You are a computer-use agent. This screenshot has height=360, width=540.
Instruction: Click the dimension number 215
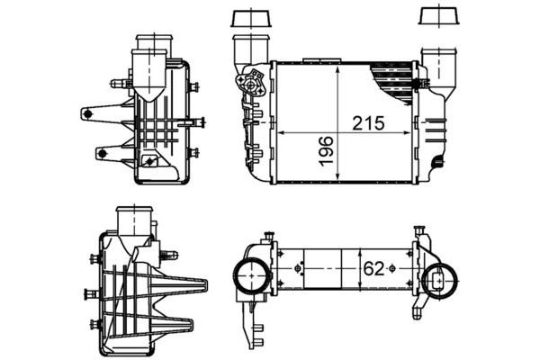click(x=364, y=121)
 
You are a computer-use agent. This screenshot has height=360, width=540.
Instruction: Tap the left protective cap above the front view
click(x=244, y=19)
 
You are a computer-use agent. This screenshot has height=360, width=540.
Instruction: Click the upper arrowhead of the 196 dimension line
click(x=336, y=68)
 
